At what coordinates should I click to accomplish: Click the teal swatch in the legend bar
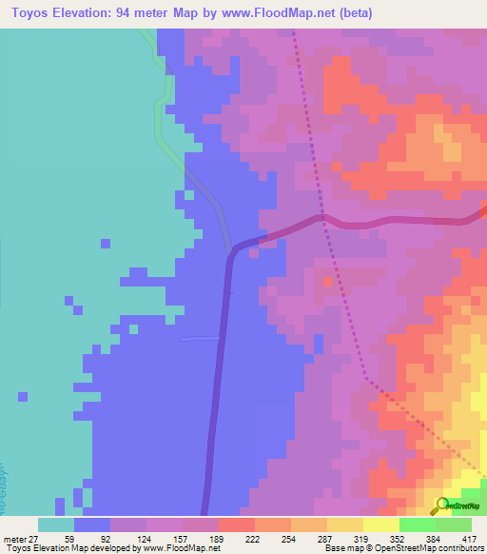point(56,524)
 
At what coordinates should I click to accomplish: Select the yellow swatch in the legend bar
point(380,524)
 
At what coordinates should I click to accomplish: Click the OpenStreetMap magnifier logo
point(442,505)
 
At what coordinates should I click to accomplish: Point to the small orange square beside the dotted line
point(328,282)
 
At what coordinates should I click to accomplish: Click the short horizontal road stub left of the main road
point(200,338)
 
